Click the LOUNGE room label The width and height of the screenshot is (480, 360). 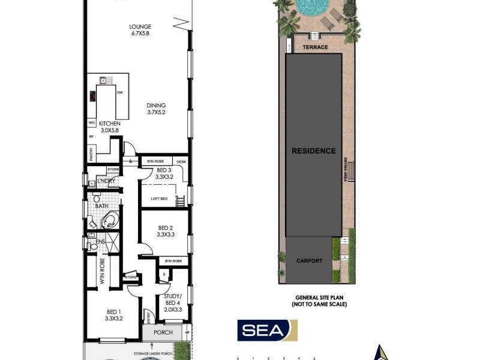(140, 27)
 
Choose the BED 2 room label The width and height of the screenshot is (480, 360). (166, 228)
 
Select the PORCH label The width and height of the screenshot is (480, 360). (163, 332)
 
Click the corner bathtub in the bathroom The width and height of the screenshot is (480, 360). (110, 221)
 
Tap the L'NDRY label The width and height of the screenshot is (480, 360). (105, 182)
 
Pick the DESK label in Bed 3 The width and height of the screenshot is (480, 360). (181, 162)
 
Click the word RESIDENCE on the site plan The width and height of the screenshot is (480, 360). (314, 151)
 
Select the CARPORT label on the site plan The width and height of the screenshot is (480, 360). (309, 261)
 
